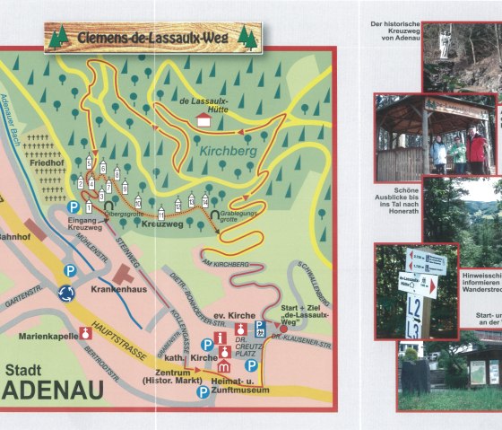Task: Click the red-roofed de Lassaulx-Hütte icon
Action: [203, 119]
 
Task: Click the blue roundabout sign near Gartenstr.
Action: [65, 292]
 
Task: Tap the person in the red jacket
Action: [476, 151]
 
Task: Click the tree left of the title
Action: [60, 37]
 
